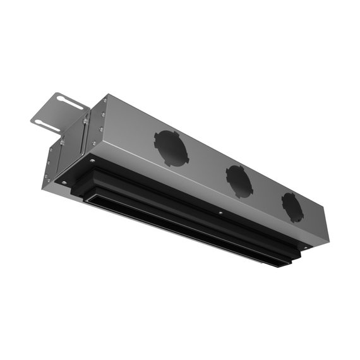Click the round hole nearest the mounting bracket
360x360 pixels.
click(172, 148)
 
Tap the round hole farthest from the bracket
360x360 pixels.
click(292, 207)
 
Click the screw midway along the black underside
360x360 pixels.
click(219, 213)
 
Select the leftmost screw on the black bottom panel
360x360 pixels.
click(64, 183)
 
